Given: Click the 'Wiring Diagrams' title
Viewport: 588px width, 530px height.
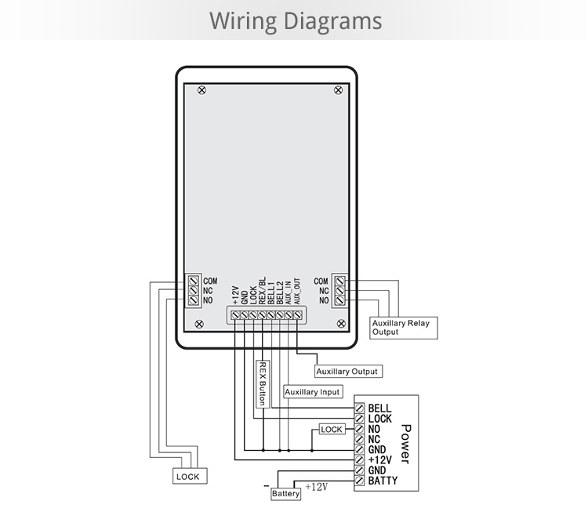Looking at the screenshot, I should click(x=295, y=20).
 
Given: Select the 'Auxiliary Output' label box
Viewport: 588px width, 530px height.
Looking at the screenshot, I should click(x=347, y=371).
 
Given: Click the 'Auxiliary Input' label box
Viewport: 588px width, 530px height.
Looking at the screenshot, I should click(x=312, y=391).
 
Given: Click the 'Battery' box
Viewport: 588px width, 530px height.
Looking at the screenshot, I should click(x=285, y=494).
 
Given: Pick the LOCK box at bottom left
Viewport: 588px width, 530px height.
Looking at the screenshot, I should click(x=189, y=476).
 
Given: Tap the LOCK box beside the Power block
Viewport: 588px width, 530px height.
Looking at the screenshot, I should click(x=332, y=430).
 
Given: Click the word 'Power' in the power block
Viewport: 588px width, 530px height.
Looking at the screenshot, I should click(x=405, y=444).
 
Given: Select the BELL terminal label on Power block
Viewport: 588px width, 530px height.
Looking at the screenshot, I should click(x=379, y=408).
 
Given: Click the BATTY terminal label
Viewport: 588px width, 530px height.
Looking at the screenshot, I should click(x=383, y=481).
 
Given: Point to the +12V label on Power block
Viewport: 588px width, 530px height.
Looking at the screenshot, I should click(x=379, y=460).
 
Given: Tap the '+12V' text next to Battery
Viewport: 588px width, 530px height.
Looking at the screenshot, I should click(x=316, y=487).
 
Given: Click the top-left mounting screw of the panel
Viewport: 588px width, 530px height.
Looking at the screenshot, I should click(x=202, y=90).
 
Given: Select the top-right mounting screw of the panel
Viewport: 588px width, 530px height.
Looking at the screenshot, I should click(x=339, y=90).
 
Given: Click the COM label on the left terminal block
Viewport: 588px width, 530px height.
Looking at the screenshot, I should click(x=210, y=281).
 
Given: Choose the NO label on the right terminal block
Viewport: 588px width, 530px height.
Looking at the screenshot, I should click(x=323, y=300).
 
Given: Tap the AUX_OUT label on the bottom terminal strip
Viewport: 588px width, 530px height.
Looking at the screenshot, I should click(x=296, y=291).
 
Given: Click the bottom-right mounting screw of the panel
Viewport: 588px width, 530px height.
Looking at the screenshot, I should click(x=339, y=322).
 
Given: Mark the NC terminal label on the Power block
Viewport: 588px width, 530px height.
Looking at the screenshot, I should click(x=375, y=439).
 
